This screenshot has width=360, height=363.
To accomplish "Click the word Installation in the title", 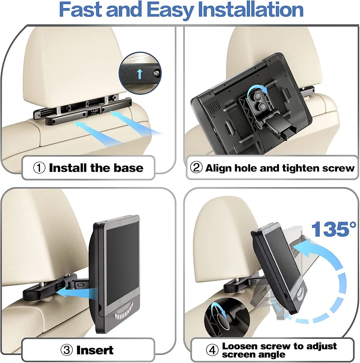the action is click(251, 10).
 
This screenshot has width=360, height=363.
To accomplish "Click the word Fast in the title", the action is click(81, 10).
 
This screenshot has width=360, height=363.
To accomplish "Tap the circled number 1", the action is click(39, 167).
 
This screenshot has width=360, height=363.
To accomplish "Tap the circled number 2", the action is click(196, 167).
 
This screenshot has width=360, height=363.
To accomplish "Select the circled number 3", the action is click(66, 350).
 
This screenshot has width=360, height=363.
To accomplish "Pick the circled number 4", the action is click(212, 350).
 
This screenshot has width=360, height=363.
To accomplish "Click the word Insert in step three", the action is click(95, 350).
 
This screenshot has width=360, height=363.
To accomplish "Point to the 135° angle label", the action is click(333, 229).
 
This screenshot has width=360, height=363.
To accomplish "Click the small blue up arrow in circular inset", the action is click(139, 74).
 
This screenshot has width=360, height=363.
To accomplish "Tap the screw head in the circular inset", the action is click(156, 73).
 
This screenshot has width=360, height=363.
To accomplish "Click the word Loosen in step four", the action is click(240, 346).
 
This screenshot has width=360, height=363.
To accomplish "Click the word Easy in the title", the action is click(170, 10).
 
